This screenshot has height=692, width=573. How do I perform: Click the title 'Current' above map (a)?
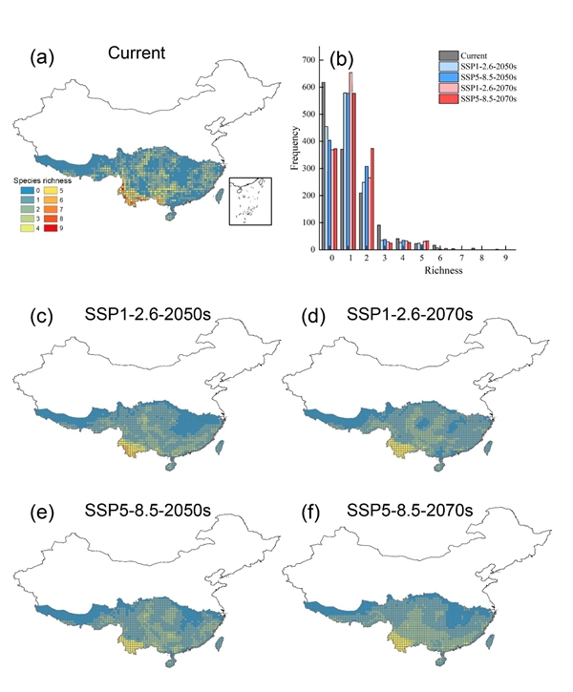(136, 52)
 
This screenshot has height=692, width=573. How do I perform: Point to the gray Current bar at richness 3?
(379, 237)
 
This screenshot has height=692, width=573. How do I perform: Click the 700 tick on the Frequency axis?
(308, 60)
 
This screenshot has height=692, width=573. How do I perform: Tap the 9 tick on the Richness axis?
(505, 259)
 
